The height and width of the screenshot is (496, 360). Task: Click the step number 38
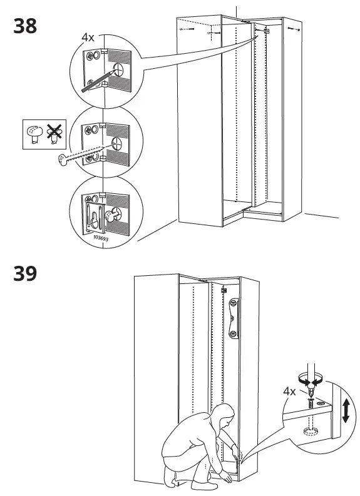24,26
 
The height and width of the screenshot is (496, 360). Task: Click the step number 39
24,273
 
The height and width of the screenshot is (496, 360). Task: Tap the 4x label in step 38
88,37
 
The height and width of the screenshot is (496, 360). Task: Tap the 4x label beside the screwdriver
289,392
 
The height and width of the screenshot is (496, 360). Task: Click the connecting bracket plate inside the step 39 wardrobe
234,318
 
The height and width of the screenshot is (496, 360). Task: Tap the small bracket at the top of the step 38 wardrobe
265,29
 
